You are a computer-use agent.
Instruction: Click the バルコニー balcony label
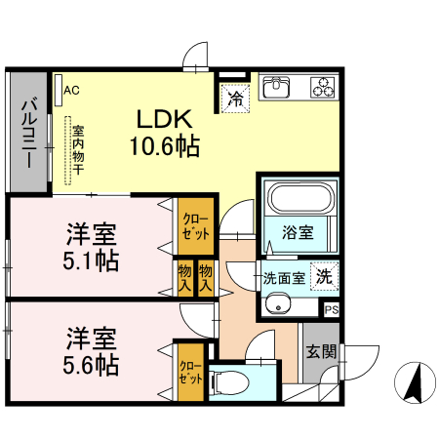pos(28,132)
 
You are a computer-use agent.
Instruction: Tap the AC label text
pos(71,91)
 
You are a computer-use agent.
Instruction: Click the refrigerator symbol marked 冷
pos(235,97)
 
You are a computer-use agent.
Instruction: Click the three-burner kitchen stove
pos(322,88)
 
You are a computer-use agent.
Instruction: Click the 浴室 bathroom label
pos(298,233)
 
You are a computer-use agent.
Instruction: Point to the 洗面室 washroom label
pos(284,278)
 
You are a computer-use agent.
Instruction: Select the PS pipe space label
pos(332,309)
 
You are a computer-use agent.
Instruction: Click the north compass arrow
pos(414,381)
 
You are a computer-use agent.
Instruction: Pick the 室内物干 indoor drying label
pos(75,151)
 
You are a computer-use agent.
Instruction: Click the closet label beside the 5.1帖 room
pos(190,226)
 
